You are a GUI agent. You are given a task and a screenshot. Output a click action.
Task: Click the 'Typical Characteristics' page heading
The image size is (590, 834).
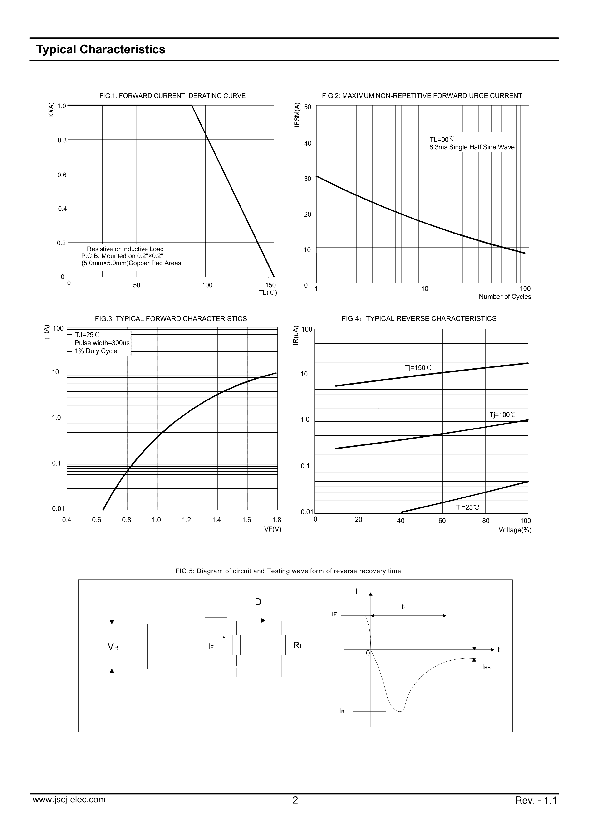click(x=101, y=49)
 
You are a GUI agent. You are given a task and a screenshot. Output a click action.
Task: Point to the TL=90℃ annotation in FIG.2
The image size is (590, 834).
click(x=442, y=140)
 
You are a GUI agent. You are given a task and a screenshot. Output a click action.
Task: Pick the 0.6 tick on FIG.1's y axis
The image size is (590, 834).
click(x=62, y=175)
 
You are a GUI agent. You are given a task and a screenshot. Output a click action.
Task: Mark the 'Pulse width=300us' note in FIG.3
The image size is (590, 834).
click(x=102, y=343)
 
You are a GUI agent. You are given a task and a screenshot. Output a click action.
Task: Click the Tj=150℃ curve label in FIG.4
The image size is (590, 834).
click(x=418, y=368)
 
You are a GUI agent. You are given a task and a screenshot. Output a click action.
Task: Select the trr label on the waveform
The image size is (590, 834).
click(x=404, y=607)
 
